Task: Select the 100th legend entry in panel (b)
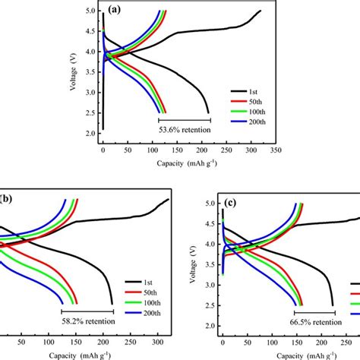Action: coord(139,291)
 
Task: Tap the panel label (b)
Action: coord(7,199)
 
